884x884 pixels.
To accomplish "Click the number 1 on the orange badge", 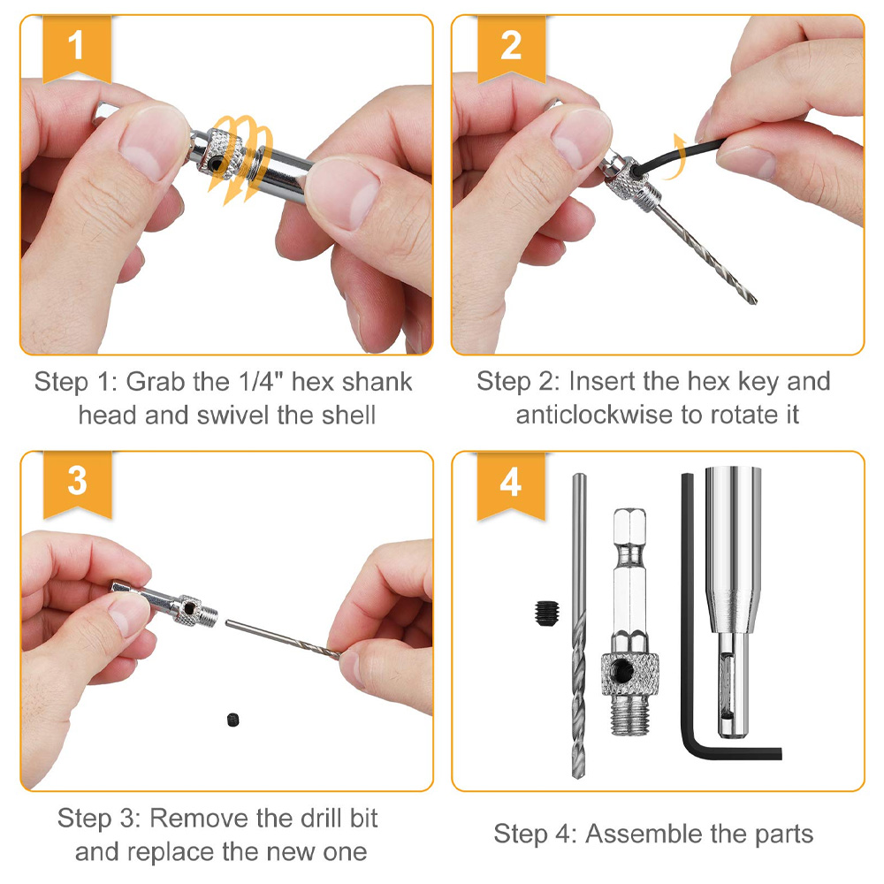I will (77, 45).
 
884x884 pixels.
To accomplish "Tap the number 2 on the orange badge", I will (511, 45).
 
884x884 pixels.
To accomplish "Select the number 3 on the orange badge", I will (77, 481).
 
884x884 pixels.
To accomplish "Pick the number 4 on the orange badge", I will (511, 483).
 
